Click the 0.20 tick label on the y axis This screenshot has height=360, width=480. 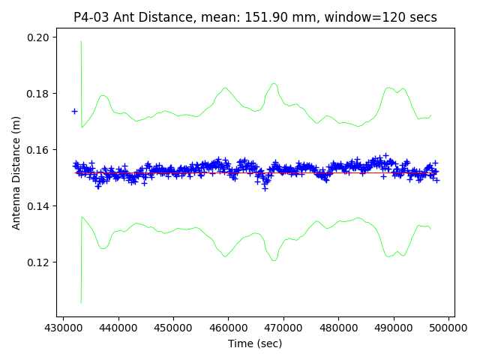tap(37, 37)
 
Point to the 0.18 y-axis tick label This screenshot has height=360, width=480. tap(37, 94)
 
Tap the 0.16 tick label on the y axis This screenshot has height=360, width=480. tap(37, 150)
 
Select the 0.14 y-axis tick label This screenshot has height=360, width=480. tap(37, 206)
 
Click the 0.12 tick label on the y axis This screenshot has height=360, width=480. tap(37, 262)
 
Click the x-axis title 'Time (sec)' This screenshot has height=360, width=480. tap(255, 343)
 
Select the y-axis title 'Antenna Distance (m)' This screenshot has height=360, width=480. tap(16, 172)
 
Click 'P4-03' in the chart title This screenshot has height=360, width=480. tap(92, 17)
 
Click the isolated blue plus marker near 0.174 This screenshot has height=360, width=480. tap(74, 111)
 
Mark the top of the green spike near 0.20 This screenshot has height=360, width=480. tap(81, 41)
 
